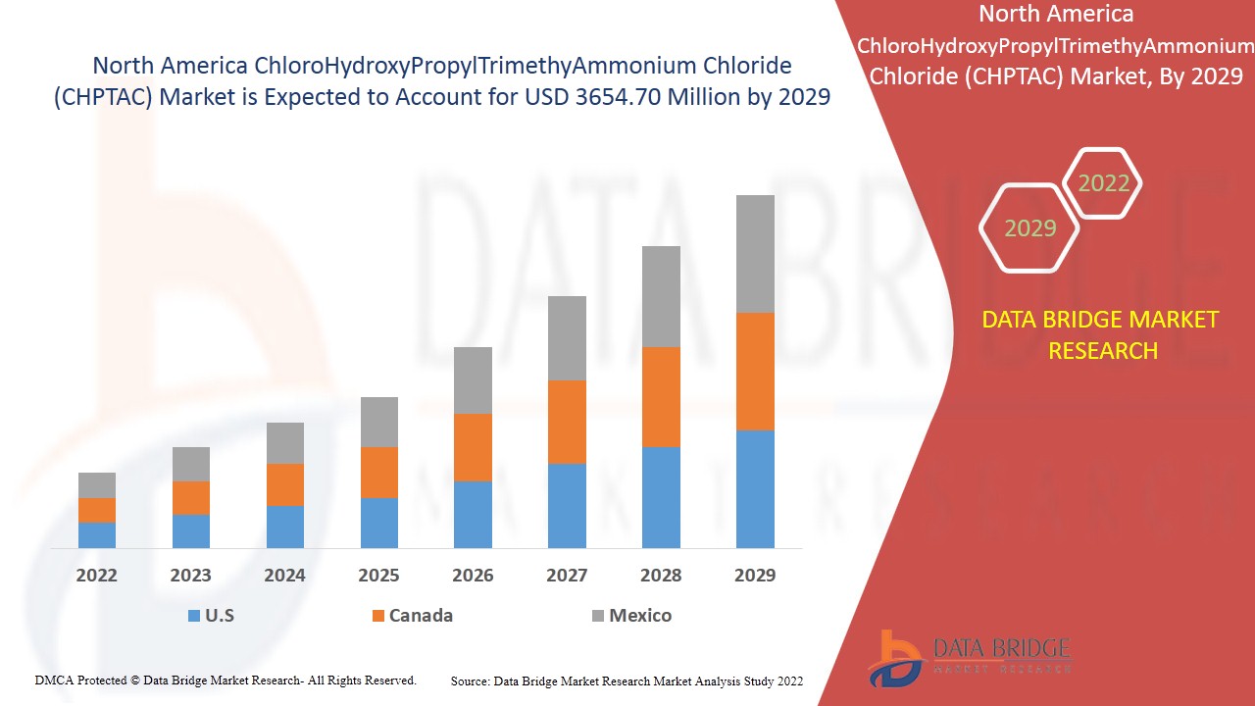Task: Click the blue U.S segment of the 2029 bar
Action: (755, 488)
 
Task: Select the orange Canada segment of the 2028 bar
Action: (661, 397)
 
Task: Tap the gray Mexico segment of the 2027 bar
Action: (567, 338)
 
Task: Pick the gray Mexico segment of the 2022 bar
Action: (97, 485)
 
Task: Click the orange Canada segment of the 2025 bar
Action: (379, 473)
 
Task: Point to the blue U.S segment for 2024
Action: (285, 527)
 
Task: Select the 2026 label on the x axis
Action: (473, 576)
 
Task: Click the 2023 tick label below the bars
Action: (190, 576)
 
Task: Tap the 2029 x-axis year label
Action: (755, 576)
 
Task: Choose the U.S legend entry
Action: (211, 616)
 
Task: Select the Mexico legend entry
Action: (631, 616)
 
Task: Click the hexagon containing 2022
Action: (1103, 183)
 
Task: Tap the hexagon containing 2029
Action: (1029, 228)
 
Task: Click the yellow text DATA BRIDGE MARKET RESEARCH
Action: (1103, 334)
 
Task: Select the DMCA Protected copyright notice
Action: (226, 681)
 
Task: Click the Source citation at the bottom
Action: (627, 681)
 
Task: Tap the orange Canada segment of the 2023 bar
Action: (191, 498)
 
